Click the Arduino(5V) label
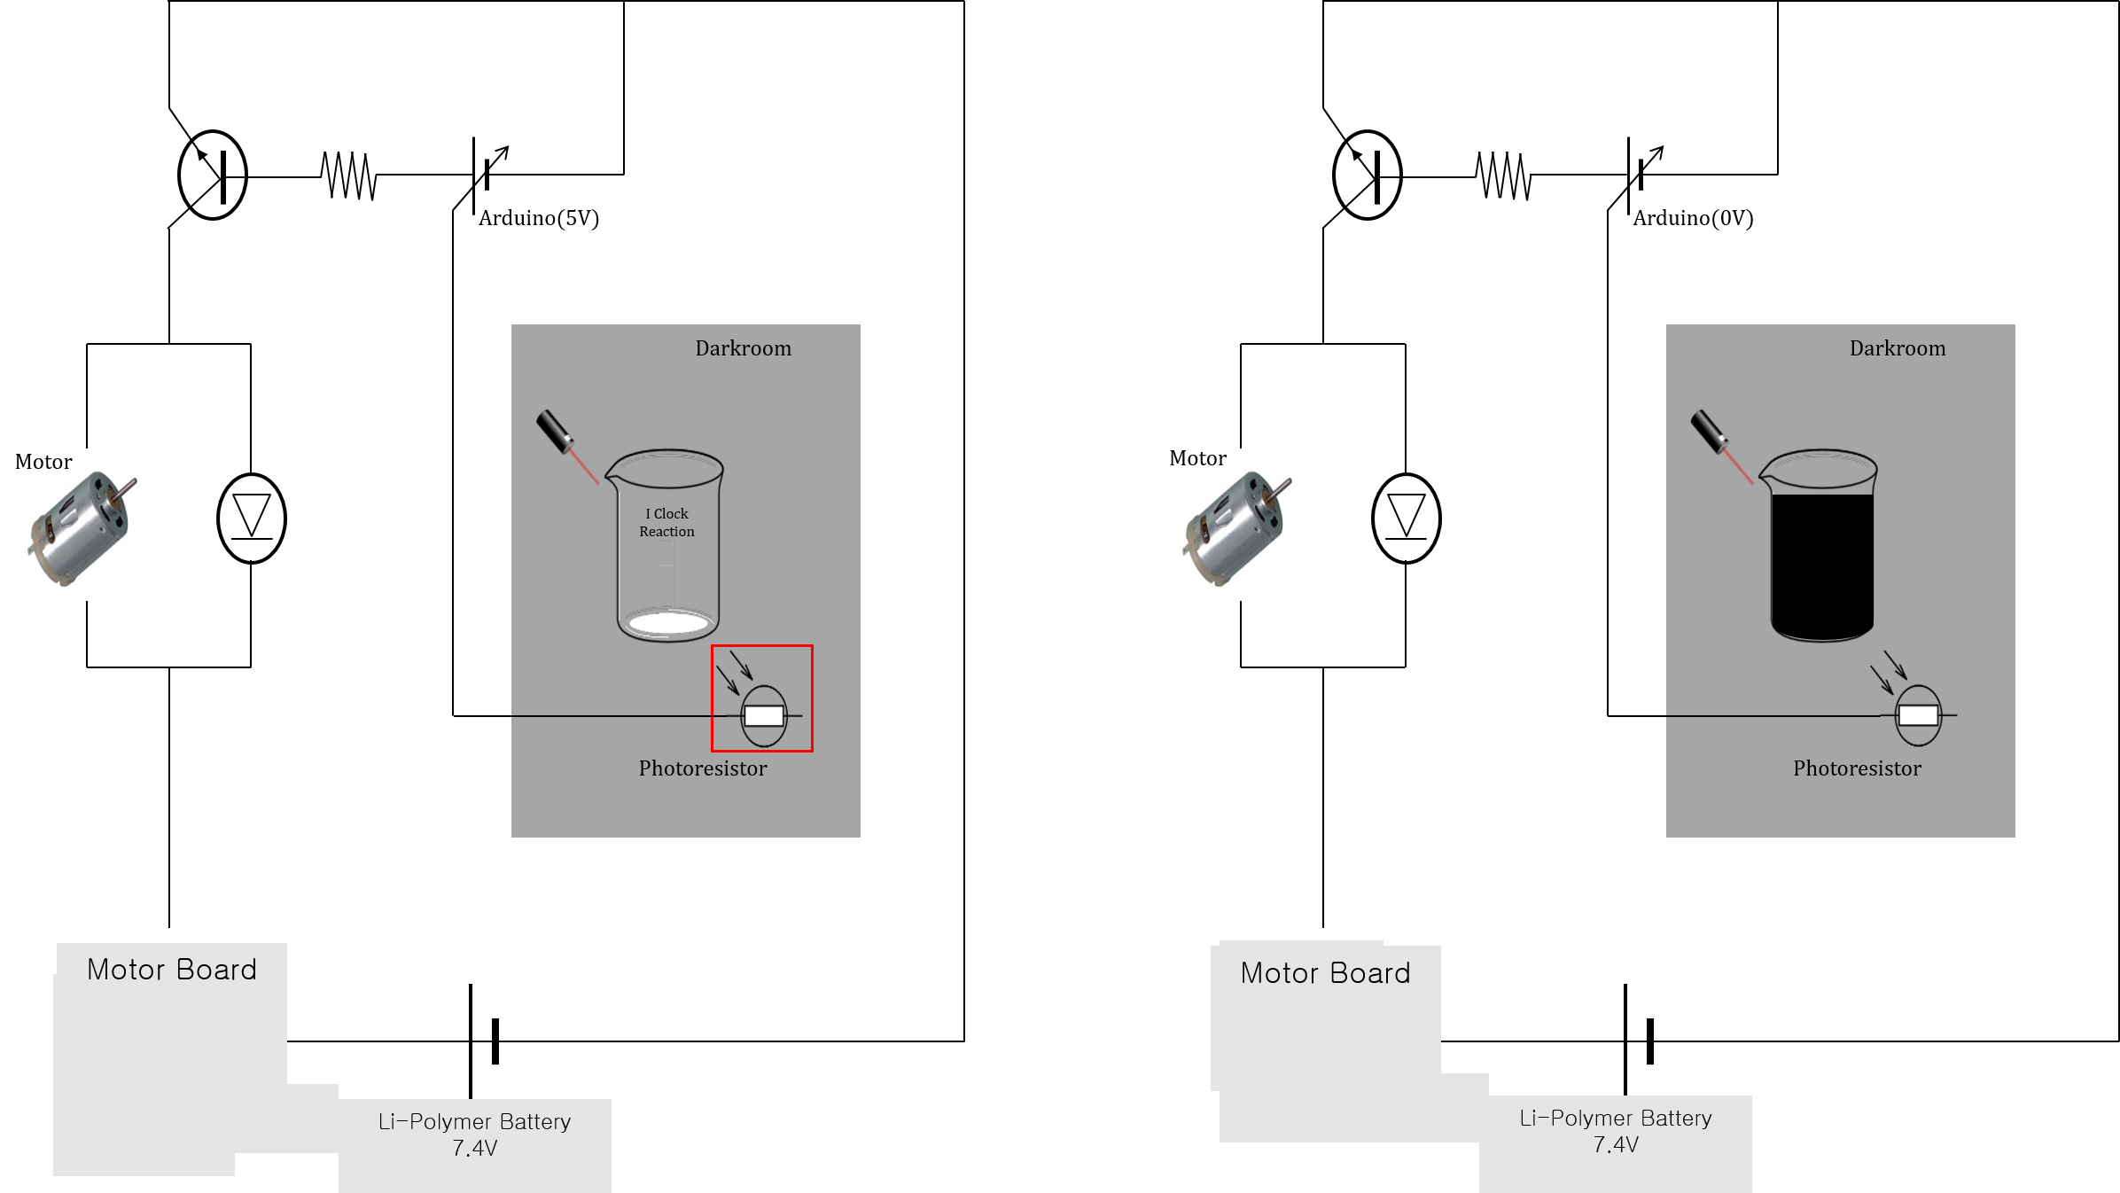click(x=539, y=218)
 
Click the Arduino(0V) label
click(x=1693, y=218)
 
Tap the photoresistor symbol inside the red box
click(x=763, y=715)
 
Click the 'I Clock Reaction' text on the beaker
click(x=667, y=522)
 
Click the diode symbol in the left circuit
click(x=252, y=519)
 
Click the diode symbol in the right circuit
click(x=1407, y=519)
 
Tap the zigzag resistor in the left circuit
click(x=349, y=175)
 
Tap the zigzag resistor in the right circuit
click(x=1504, y=175)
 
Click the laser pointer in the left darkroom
click(x=556, y=432)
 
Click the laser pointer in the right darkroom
click(x=1710, y=432)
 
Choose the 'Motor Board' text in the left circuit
click(x=172, y=970)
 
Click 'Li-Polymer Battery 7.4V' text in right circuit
click(x=1616, y=1131)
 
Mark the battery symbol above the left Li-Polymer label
click(x=484, y=1041)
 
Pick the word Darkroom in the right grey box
click(x=1898, y=348)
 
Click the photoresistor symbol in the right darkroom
click(x=1918, y=714)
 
